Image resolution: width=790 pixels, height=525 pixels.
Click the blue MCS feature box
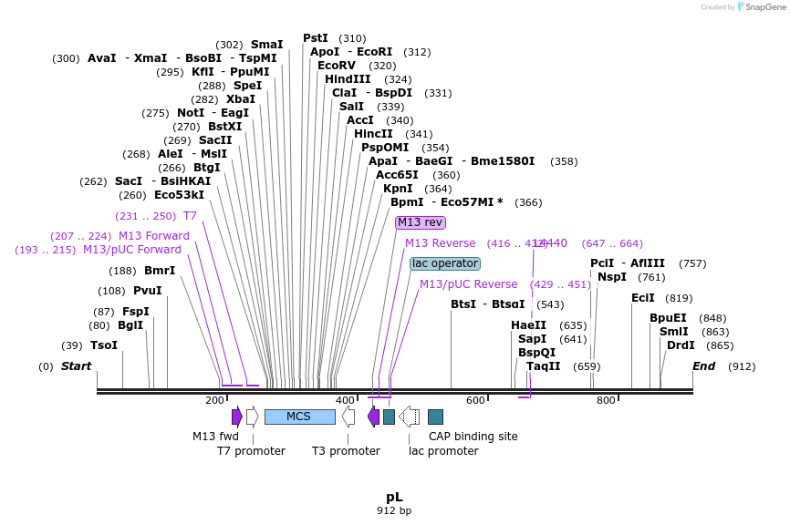299,417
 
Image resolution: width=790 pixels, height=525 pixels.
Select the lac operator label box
445,263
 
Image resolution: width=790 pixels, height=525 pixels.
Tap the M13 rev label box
421,222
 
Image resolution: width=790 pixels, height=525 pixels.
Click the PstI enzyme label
316,38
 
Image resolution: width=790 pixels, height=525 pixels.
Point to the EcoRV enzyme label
337,66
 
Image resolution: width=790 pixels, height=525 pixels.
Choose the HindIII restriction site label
348,79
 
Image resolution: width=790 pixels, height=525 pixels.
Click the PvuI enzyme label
147,291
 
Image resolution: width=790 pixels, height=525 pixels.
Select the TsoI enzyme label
104,345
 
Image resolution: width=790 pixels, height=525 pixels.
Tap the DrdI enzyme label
681,345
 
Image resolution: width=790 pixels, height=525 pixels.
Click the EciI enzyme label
643,298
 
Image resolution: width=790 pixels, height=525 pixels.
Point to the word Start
77,366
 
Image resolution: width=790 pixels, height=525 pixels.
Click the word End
704,366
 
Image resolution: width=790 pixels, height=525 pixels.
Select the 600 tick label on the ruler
475,401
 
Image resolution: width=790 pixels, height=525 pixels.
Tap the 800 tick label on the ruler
606,401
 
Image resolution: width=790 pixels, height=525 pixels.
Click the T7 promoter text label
251,451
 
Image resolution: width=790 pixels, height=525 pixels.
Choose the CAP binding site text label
473,437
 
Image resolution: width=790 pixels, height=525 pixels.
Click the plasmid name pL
394,497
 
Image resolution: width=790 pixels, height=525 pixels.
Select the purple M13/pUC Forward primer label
132,250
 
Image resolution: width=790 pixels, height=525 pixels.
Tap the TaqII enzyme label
544,366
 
